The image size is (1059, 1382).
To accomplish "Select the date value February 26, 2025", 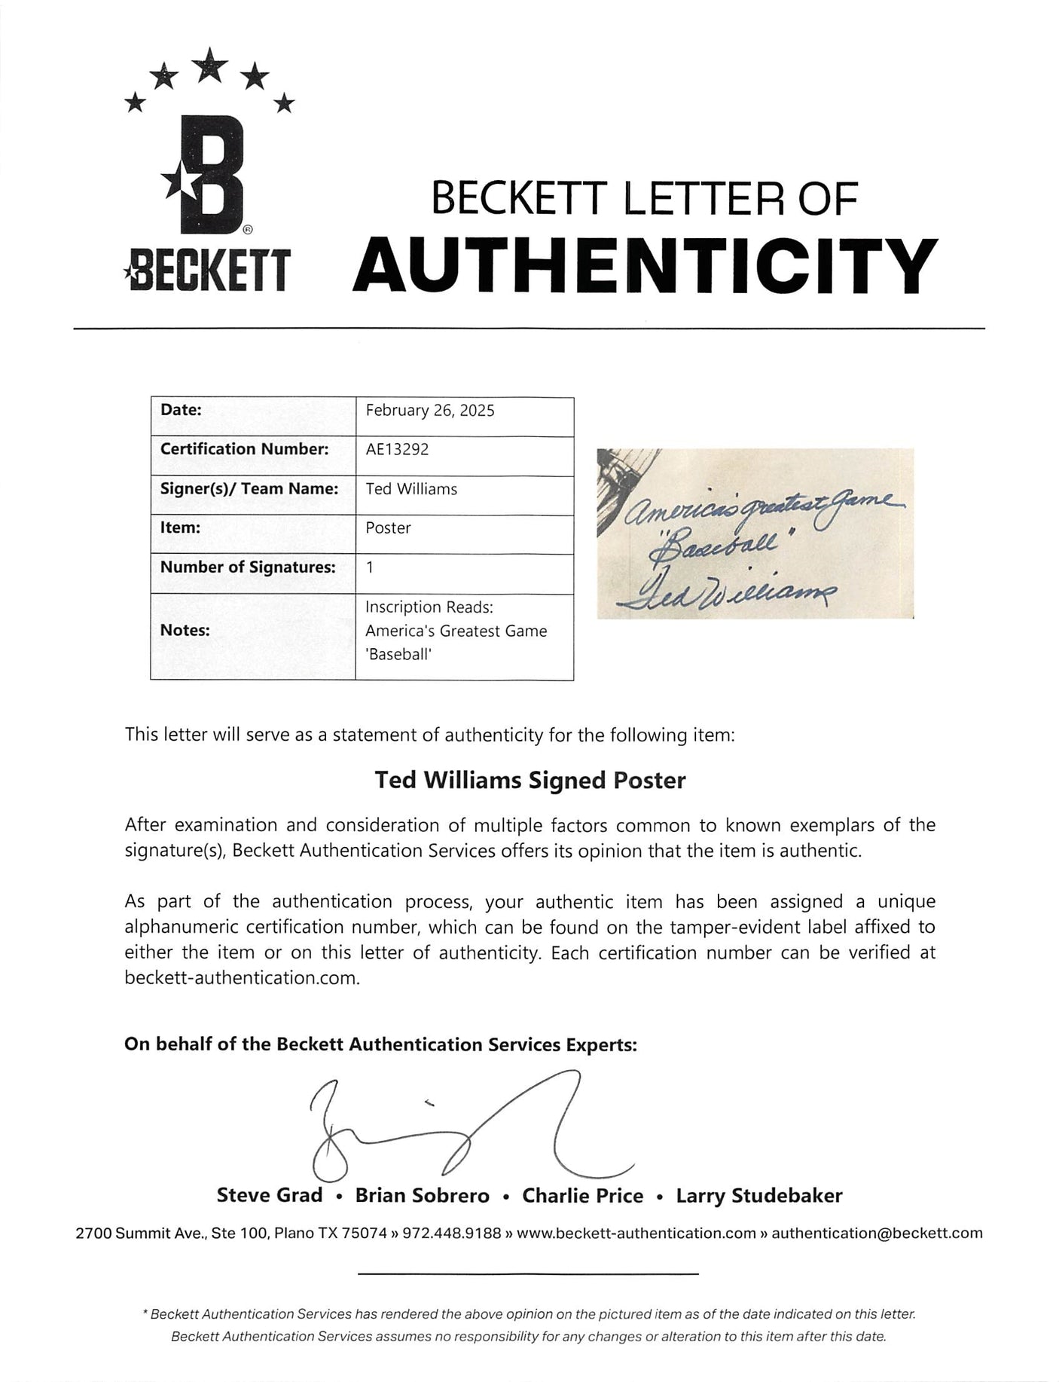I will coord(430,411).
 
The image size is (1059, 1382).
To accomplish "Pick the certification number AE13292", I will coord(397,450).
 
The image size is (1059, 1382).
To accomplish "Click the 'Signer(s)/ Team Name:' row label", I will coord(249,489).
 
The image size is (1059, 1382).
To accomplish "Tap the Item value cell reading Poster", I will coord(389,528).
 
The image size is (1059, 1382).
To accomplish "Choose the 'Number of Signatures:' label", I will coord(248,567).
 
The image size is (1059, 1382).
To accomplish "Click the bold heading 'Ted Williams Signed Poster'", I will coord(530,780).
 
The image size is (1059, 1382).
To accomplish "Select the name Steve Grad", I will coord(269,1195).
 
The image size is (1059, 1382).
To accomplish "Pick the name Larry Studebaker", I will coord(759,1195).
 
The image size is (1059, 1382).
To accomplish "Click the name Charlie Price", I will coord(583,1195).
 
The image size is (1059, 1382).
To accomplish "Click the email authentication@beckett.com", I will coord(877,1234).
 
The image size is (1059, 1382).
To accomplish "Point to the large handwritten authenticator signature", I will coord(467,1130).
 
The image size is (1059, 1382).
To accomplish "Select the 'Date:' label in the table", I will coord(181,411).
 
